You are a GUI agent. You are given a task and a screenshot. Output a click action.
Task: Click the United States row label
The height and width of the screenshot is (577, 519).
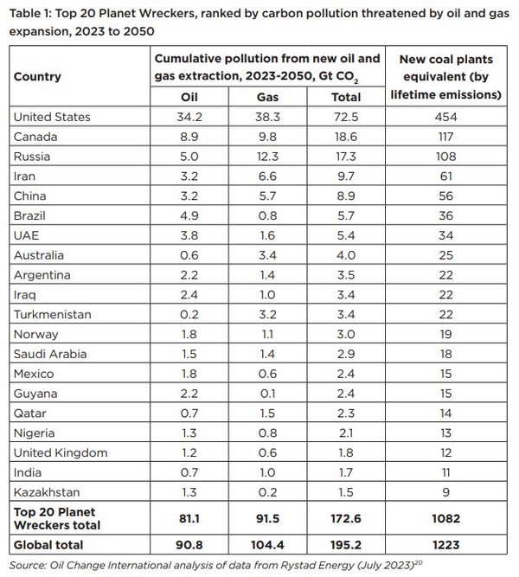click(x=52, y=117)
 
